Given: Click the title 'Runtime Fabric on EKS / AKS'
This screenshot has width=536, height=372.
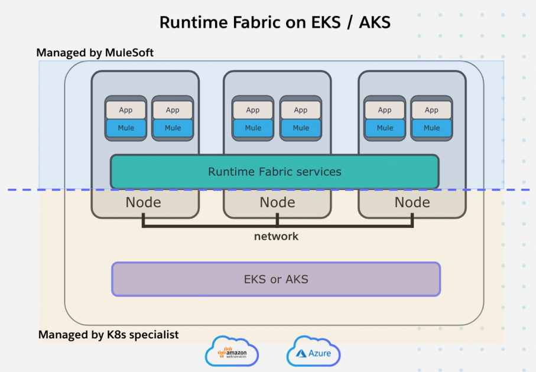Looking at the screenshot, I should click(x=275, y=22).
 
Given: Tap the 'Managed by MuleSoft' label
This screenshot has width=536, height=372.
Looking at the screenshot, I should click(x=95, y=53).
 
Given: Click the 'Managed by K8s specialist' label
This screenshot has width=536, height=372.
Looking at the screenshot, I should click(x=108, y=335).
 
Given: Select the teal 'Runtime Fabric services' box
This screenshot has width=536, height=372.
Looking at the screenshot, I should click(x=274, y=172).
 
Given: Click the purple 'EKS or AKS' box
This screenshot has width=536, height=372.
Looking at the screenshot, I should click(x=276, y=279).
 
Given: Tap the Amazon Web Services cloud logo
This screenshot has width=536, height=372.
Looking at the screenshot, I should click(x=232, y=353).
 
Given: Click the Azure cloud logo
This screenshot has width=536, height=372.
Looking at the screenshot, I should click(x=313, y=353).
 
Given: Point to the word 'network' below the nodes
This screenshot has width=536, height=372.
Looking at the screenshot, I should click(x=276, y=236).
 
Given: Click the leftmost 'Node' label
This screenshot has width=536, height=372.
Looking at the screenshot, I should click(x=143, y=203).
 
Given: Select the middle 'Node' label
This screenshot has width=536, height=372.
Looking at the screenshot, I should click(x=277, y=203).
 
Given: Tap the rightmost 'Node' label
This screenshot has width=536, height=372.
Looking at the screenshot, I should click(x=412, y=203).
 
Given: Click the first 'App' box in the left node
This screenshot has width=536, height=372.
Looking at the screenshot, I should click(x=126, y=110).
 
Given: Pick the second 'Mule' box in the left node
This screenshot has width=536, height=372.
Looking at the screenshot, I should click(x=173, y=128).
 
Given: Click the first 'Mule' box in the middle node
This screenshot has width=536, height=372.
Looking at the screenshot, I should click(x=253, y=128).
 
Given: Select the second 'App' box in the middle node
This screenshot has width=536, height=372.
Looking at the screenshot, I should click(x=301, y=110).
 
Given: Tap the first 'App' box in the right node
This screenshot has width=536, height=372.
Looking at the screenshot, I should click(x=385, y=110).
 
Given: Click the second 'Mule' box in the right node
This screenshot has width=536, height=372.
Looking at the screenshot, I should click(x=431, y=128).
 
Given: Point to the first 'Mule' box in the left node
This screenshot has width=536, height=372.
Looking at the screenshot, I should click(x=126, y=128).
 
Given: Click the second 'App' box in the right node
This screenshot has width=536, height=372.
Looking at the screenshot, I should click(x=431, y=110).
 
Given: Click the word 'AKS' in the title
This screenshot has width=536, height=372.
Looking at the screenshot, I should click(x=371, y=22).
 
